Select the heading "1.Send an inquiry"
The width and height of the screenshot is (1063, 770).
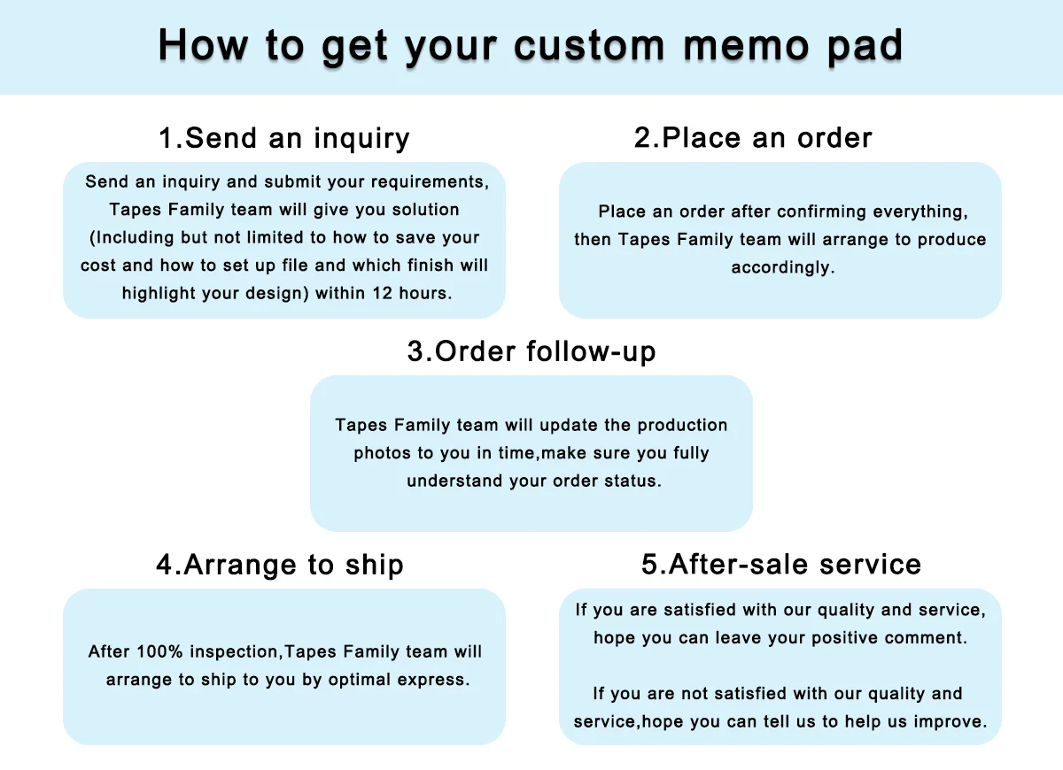click(x=283, y=138)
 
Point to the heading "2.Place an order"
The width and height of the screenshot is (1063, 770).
click(x=753, y=138)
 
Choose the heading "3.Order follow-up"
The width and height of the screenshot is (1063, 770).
click(x=531, y=351)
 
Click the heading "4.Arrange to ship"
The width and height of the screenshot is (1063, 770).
click(x=280, y=565)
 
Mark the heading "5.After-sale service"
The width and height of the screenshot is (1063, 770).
click(x=780, y=565)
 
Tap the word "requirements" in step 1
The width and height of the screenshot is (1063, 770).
click(x=431, y=182)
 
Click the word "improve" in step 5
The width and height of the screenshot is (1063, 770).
click(x=954, y=722)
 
